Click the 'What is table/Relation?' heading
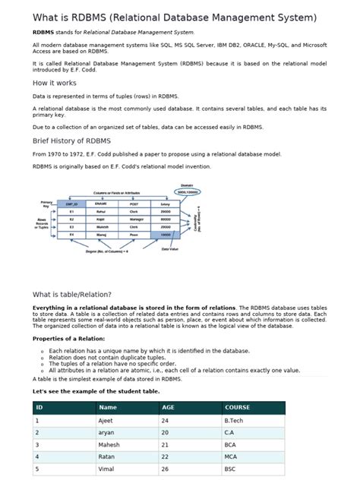[x=72, y=294]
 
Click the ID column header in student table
[x=39, y=407]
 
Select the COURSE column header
[x=237, y=407]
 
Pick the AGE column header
[x=168, y=407]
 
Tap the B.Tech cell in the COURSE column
[x=233, y=419]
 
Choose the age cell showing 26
[x=165, y=469]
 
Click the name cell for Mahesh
[x=109, y=444]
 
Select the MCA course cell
[x=231, y=457]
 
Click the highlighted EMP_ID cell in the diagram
[x=73, y=204]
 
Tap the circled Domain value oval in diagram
[x=187, y=192]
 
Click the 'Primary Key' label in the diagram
[x=46, y=204]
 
